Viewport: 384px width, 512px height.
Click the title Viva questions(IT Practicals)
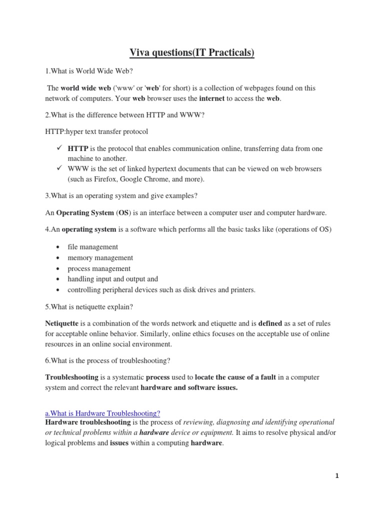[192, 52]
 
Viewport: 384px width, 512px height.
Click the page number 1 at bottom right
[337, 476]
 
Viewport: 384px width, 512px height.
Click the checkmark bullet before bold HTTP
[59, 149]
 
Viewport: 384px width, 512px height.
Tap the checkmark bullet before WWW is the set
[59, 168]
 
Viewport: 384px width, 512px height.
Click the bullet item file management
[92, 247]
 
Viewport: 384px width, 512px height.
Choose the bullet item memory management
[100, 258]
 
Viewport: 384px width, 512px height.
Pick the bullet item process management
[99, 268]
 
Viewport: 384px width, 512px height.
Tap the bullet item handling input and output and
[112, 279]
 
